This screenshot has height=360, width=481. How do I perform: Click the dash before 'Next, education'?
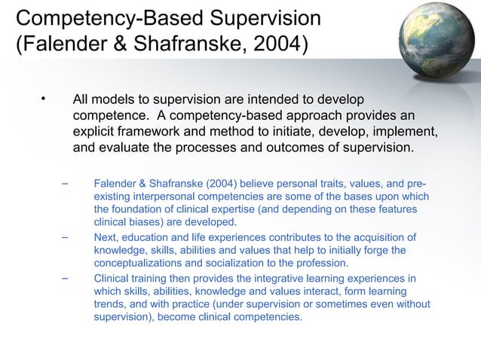pos(65,238)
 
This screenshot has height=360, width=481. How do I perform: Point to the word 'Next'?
pos(106,238)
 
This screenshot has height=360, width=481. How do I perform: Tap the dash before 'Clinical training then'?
pos(65,278)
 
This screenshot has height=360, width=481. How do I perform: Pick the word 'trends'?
pos(110,304)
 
